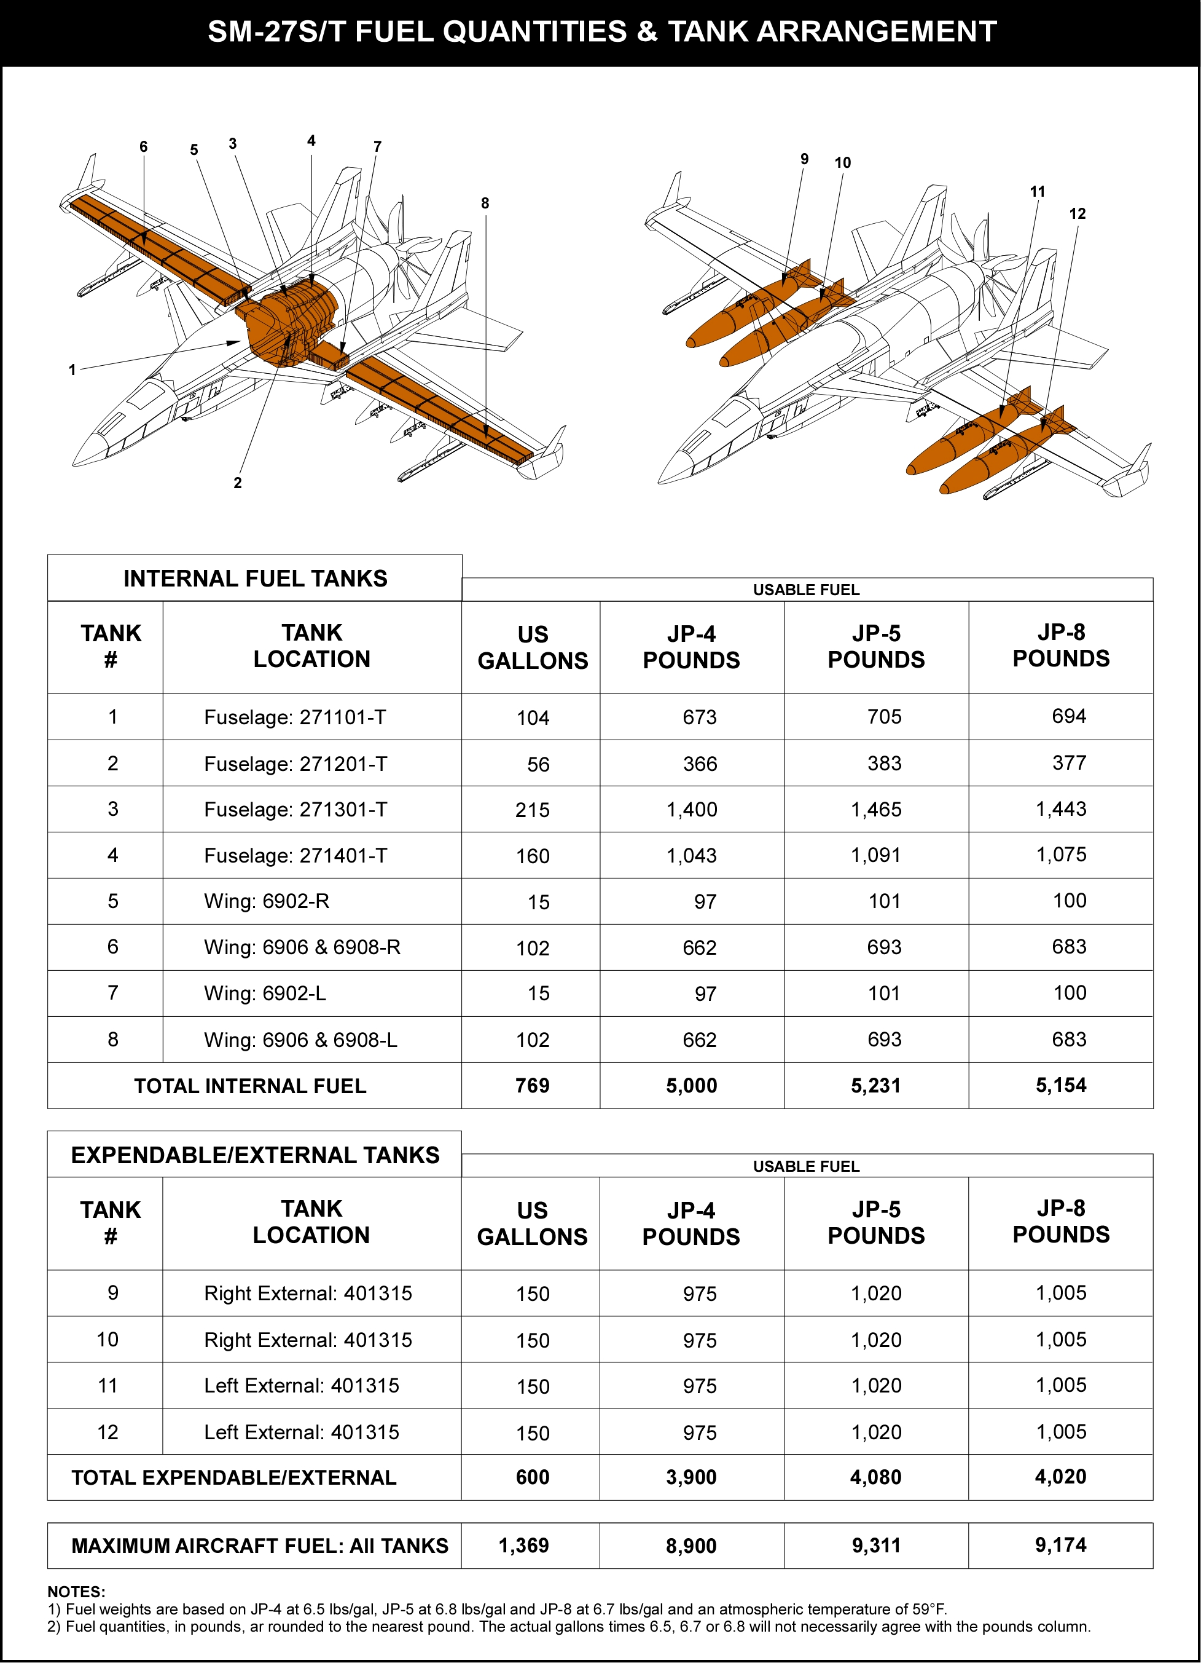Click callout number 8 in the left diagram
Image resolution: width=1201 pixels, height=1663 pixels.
[x=485, y=203]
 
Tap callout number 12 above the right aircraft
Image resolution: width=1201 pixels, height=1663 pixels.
[x=1076, y=213]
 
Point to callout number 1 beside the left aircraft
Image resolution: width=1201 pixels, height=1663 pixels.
[x=72, y=370]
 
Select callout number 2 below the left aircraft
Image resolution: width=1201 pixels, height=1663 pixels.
[x=237, y=483]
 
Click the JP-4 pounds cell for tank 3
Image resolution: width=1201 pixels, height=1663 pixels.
[x=691, y=810]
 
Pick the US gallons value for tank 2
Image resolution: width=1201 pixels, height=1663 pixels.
[x=538, y=764]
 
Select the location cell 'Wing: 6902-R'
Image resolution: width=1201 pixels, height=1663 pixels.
[x=267, y=901]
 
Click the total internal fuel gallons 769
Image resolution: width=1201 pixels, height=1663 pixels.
[x=532, y=1085]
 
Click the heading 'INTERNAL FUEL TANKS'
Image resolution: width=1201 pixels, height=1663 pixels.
[x=255, y=579]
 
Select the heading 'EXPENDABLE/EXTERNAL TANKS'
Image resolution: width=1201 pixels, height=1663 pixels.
[x=255, y=1155]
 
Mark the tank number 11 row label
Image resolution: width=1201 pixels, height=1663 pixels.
[x=108, y=1385]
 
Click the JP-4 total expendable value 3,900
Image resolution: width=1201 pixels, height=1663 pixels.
[x=691, y=1477]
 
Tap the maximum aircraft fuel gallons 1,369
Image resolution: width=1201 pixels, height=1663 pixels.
[x=523, y=1546]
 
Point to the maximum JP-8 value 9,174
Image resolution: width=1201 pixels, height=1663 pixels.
[x=1060, y=1545]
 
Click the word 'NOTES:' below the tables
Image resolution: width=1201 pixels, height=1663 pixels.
[x=76, y=1592]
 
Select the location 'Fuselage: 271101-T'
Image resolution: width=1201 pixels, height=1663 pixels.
[x=295, y=717]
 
